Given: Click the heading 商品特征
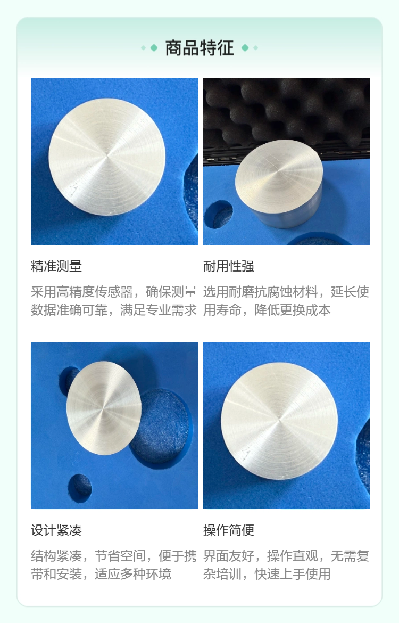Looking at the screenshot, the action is coord(199,48).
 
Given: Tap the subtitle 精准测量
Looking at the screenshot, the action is coord(56,266).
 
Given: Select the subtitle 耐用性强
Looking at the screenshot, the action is coord(229,266).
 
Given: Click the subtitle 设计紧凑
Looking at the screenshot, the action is coord(56,530).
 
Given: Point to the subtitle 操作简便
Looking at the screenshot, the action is coord(229,530).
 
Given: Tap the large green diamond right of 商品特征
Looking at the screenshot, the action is coord(245,48).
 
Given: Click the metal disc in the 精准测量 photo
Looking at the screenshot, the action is coord(107,157).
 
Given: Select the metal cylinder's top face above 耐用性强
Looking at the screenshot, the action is coord(279,176).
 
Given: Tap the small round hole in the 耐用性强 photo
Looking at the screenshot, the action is coord(218,215).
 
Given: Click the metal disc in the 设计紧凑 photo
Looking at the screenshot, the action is coord(104,408).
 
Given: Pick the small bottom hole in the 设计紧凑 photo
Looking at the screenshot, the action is coord(80,488).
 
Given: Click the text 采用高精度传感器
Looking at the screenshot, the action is coord(82,292).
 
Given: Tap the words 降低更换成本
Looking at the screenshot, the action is coord(293,310).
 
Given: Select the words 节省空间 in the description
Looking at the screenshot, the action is coord(120,556).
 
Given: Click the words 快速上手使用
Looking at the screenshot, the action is coord(293,574).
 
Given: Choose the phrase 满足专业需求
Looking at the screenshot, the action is coord(159,310).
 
